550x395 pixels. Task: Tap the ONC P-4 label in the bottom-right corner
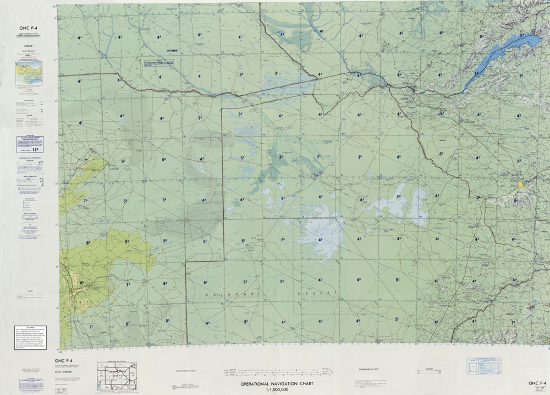[537, 383]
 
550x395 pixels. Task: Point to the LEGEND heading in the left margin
[29, 46]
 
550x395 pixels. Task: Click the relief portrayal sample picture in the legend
[29, 72]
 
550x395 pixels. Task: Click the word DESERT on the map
[316, 294]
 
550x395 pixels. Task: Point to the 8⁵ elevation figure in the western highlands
[82, 283]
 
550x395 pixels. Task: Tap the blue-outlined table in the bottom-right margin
[483, 365]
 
